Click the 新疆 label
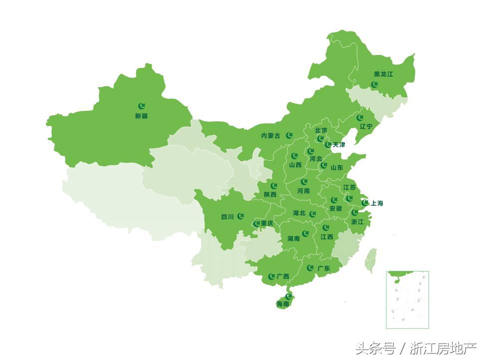[141, 116]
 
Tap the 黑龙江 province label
[383, 74]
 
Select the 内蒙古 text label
[270, 135]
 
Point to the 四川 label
[227, 217]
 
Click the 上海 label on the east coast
[377, 203]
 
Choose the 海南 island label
[282, 304]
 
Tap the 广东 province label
[323, 269]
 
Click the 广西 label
[282, 276]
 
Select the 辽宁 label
[366, 126]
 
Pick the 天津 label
[339, 145]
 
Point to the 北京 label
[321, 130]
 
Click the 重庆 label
[267, 223]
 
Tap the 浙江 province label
[357, 221]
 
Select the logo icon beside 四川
[241, 216]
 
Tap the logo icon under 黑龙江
[375, 84]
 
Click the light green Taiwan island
[370, 260]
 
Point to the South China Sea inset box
[407, 300]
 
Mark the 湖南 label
[293, 239]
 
